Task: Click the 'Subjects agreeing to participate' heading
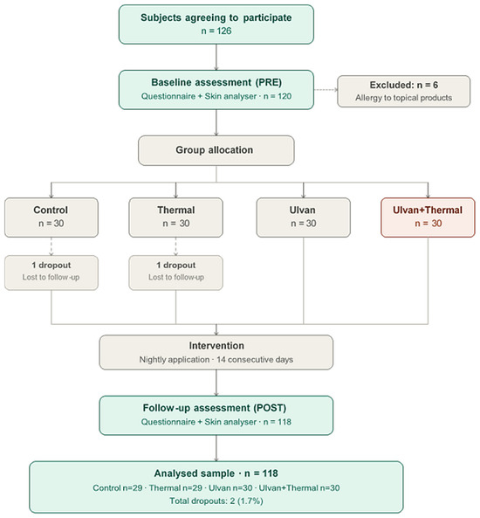(216, 17)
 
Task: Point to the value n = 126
(216, 31)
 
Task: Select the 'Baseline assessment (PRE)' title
(216, 82)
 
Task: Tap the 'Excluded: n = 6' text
(404, 85)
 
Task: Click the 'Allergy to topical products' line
(404, 98)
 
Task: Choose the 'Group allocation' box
(216, 150)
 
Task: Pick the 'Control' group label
(51, 211)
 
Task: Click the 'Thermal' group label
(176, 211)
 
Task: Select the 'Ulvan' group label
(302, 211)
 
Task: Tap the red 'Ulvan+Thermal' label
(428, 211)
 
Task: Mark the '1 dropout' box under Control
(51, 273)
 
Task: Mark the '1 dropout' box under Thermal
(176, 273)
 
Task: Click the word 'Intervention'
(216, 346)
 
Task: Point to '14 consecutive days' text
(255, 359)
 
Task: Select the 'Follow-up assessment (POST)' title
(215, 408)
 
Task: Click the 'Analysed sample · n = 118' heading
(216, 473)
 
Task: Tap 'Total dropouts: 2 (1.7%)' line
(216, 501)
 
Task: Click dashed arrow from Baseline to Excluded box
(326, 89)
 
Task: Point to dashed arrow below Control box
(51, 246)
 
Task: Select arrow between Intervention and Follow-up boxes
(216, 383)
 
